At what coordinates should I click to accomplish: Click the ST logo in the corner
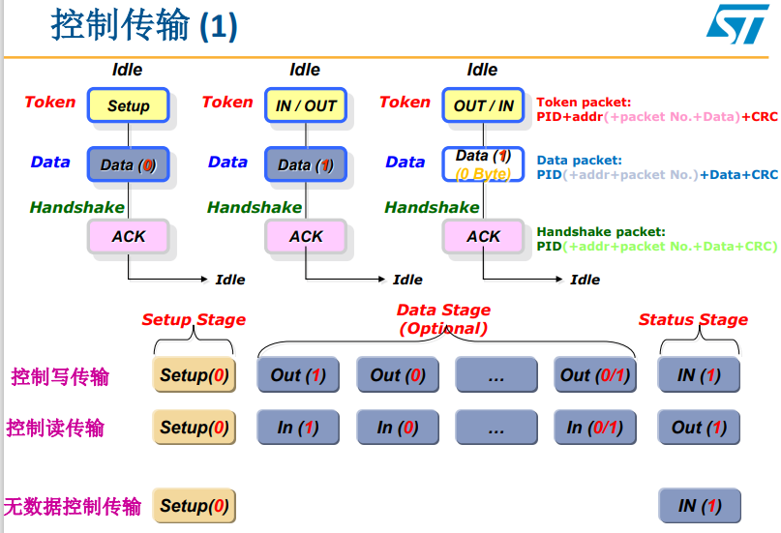tap(736, 23)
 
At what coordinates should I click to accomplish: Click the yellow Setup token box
tap(129, 105)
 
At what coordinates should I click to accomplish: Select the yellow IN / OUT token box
tap(306, 105)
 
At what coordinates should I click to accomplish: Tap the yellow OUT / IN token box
tap(483, 105)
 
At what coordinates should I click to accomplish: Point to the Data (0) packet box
tap(129, 164)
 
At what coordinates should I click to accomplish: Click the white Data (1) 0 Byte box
tap(483, 164)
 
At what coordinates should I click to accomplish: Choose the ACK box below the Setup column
tap(129, 236)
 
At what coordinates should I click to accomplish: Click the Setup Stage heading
tap(194, 319)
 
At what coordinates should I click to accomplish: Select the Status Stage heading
tap(693, 319)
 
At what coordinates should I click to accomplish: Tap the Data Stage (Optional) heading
tap(443, 319)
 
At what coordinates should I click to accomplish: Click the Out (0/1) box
tap(595, 375)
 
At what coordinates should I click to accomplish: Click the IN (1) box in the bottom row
tap(699, 506)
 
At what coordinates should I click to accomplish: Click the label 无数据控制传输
tap(73, 506)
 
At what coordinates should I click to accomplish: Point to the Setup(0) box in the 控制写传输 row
tap(194, 375)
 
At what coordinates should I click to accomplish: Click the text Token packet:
tap(584, 102)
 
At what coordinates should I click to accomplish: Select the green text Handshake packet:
tap(601, 231)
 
